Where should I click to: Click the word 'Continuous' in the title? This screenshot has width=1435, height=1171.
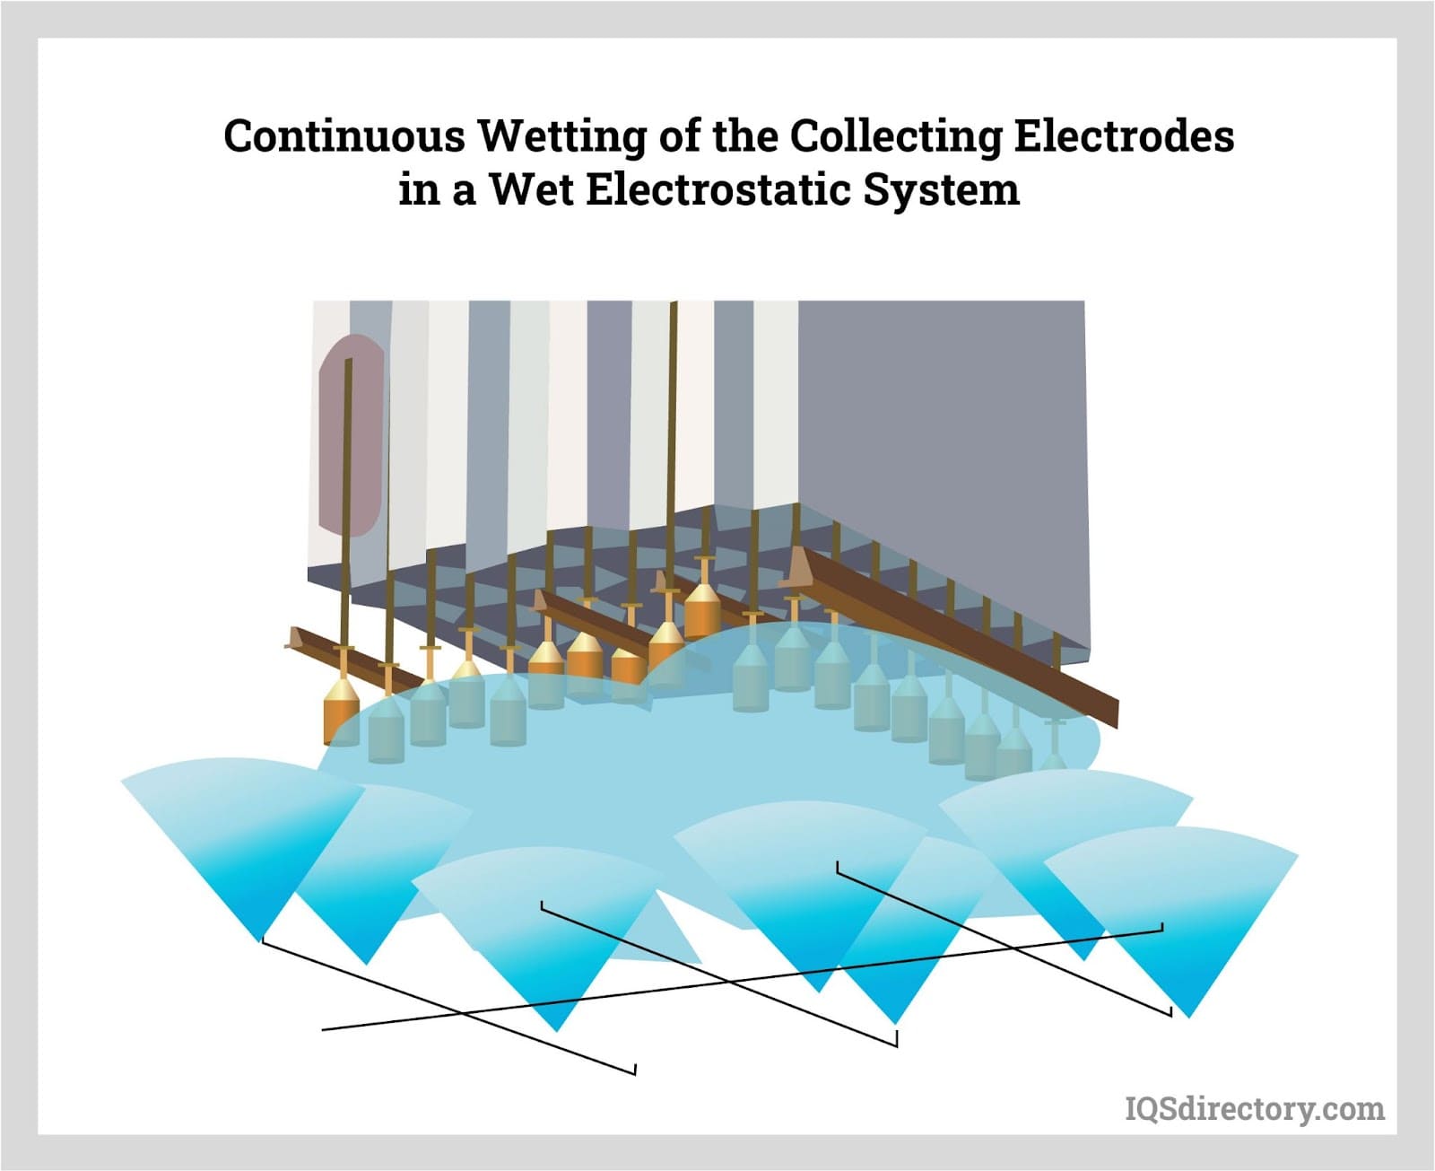click(344, 137)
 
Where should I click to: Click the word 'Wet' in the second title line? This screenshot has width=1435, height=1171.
click(530, 189)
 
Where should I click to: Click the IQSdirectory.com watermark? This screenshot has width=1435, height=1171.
click(1255, 1109)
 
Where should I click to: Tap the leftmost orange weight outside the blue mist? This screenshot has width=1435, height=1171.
click(341, 709)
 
